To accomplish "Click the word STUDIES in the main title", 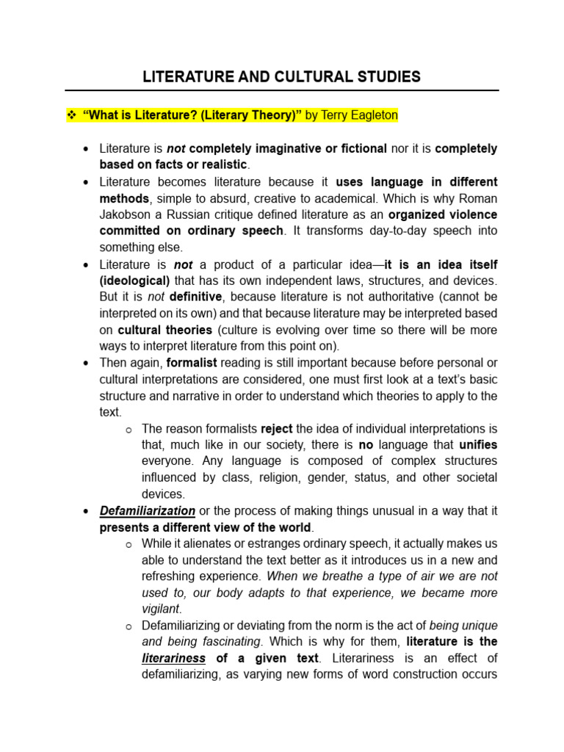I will [x=385, y=76].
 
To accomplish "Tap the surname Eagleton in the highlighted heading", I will [x=371, y=115].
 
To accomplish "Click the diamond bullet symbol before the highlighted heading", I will [x=71, y=115].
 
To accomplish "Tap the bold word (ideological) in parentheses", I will [x=134, y=281].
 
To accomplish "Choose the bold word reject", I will [x=276, y=428].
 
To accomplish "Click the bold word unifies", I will [x=478, y=444].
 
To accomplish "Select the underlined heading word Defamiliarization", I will [x=148, y=510].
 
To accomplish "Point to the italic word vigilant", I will [x=160, y=609].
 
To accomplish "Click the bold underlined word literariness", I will [x=173, y=658].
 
